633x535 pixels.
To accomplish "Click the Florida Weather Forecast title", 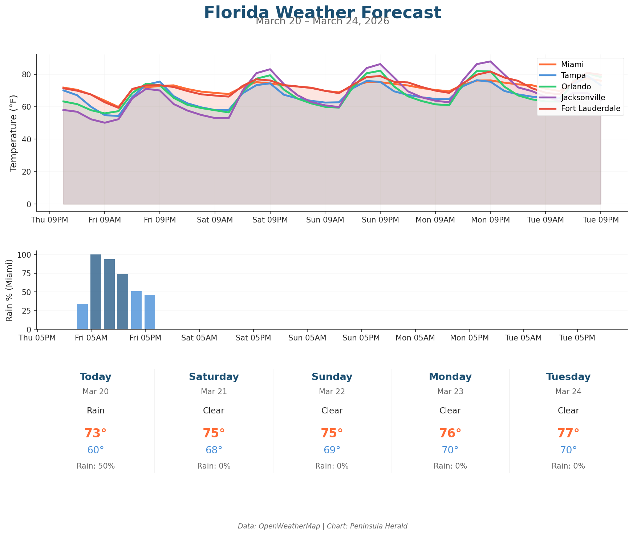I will click(x=322, y=13).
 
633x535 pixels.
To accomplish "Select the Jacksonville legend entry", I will click(x=583, y=97).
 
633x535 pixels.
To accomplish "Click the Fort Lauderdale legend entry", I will click(x=591, y=109).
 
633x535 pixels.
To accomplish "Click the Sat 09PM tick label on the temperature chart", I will click(x=270, y=220).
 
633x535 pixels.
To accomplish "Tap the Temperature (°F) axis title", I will click(x=13, y=132).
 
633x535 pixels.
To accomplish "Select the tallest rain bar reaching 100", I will click(x=96, y=292).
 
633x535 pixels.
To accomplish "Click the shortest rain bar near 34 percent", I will click(x=82, y=316).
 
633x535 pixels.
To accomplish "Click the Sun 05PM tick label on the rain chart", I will click(x=361, y=338).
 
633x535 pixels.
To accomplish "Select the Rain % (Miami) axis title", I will click(x=10, y=290).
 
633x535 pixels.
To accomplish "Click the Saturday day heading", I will click(x=214, y=377).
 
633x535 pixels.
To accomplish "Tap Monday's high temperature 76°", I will click(x=450, y=433).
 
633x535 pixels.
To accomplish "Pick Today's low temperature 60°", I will click(x=96, y=450).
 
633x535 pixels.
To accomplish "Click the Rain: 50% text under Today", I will click(x=96, y=466).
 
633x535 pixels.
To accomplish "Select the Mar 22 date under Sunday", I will click(x=332, y=392).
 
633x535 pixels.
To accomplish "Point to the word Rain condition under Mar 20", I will click(x=96, y=411).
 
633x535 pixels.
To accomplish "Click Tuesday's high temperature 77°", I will click(x=568, y=433).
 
